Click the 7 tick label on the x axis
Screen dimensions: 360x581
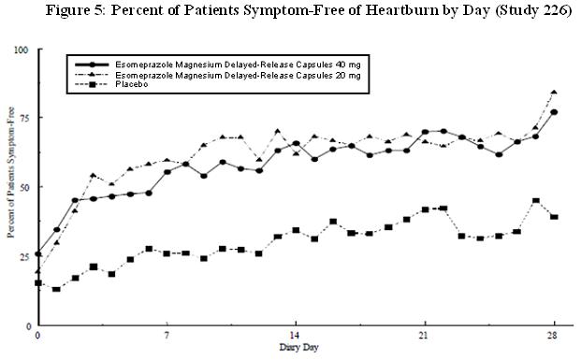[167, 335]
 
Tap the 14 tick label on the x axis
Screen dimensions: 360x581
[296, 335]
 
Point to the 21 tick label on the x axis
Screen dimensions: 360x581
[424, 335]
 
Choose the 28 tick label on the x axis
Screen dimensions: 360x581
[554, 335]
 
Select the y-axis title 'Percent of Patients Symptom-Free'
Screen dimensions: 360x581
[8, 187]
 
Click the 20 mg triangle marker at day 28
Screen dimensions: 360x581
[554, 93]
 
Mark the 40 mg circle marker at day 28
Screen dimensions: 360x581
[554, 112]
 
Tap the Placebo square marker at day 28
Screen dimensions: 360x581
[554, 217]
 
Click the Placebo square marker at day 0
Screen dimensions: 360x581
[38, 282]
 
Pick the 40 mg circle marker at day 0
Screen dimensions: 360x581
[38, 253]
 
